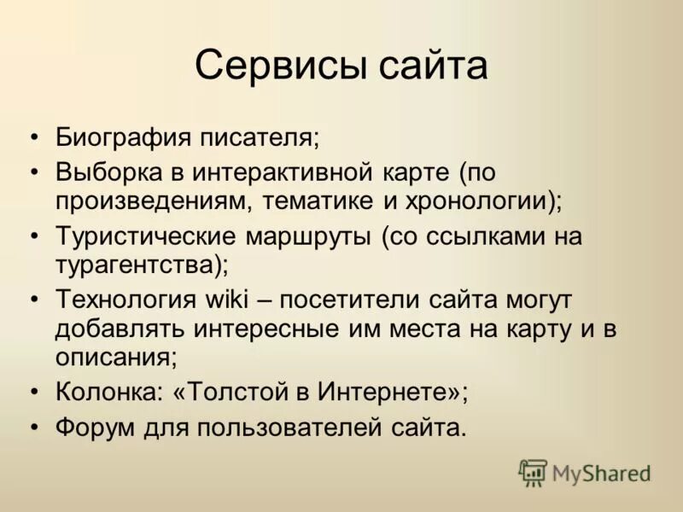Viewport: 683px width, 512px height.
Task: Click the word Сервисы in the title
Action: pos(269,66)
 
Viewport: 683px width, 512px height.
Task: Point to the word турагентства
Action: pos(140,265)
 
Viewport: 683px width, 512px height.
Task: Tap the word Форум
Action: pos(94,427)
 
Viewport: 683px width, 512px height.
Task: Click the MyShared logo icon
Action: pos(533,472)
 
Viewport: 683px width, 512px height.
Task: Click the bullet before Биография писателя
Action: pos(33,137)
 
